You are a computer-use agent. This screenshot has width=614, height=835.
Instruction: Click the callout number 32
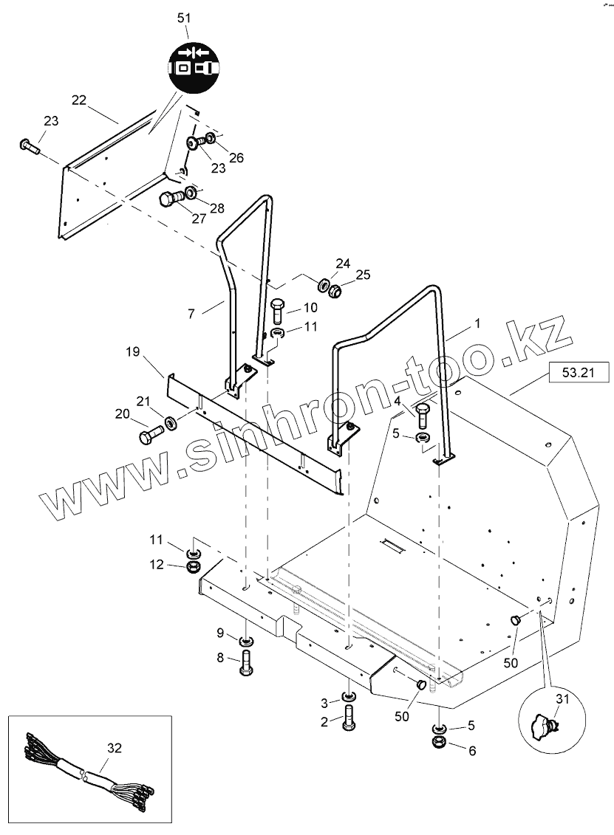[113, 748]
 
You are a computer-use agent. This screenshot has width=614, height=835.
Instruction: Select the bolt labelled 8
[246, 662]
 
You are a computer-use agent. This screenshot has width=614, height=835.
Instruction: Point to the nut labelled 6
[438, 742]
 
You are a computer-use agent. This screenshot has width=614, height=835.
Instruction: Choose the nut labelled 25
[334, 292]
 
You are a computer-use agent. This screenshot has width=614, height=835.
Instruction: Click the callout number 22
[79, 100]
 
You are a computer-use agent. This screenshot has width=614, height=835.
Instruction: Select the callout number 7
[191, 315]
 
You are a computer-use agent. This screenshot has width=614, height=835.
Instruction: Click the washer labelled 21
[171, 424]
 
